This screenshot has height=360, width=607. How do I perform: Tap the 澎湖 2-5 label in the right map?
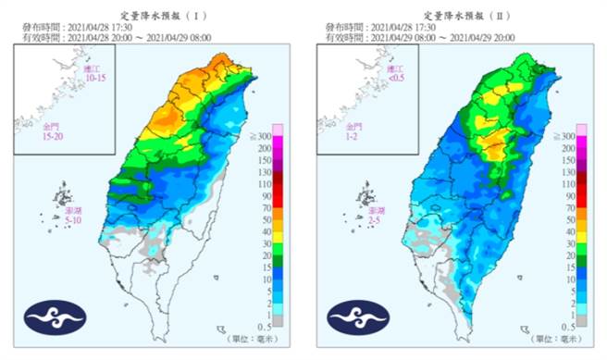[x=374, y=217]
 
